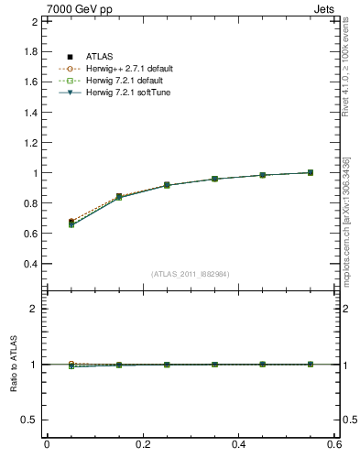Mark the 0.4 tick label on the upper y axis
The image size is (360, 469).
[x=31, y=264]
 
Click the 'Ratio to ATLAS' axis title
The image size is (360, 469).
[x=14, y=365]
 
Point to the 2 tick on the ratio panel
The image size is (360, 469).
[x=34, y=309]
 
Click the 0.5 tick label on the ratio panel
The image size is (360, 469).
[x=30, y=420]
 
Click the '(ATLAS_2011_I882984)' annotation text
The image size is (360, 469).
[x=191, y=274]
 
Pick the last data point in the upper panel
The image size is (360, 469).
[x=310, y=172]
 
